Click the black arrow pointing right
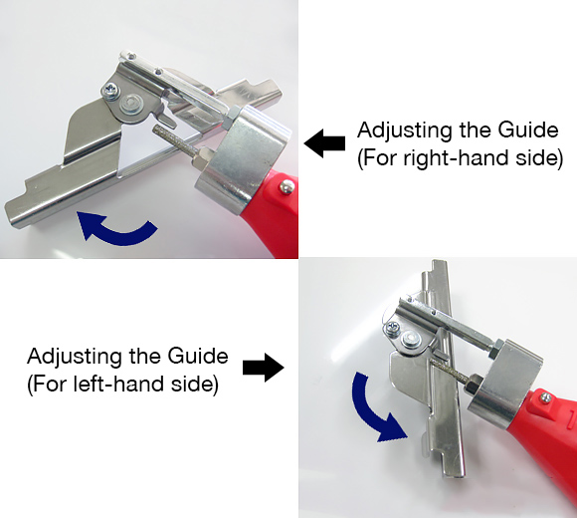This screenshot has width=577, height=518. pyautogui.click(x=263, y=369)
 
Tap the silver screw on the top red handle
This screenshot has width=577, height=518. pyautogui.click(x=287, y=185)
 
